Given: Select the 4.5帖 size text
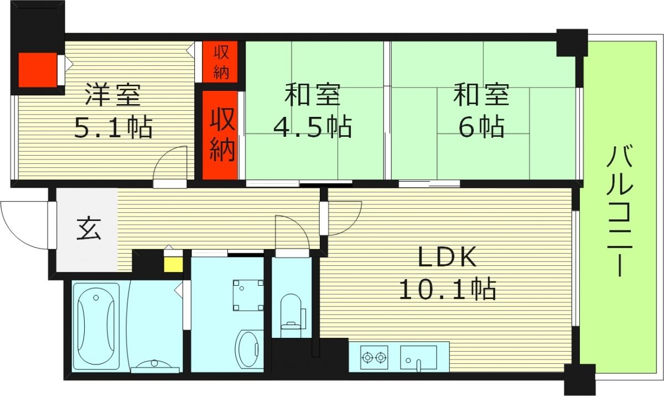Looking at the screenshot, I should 313,127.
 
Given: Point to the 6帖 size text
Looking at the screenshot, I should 481,127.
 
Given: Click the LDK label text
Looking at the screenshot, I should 447,256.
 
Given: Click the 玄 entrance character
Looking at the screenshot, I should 89,229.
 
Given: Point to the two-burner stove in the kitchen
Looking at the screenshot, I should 374,357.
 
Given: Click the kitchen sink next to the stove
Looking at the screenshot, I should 418,357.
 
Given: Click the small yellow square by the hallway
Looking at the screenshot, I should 173,265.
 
